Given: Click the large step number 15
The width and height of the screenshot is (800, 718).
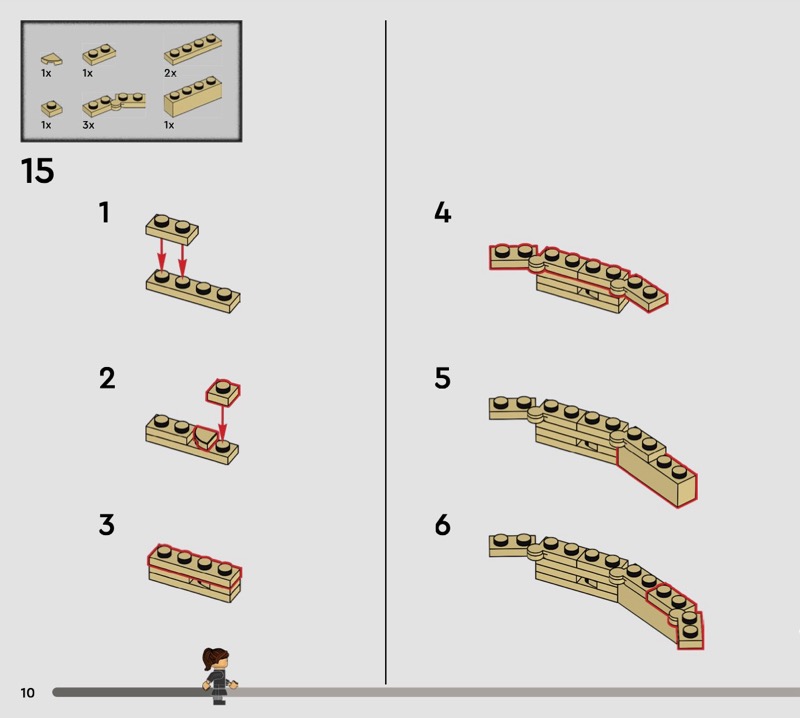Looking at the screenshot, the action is (37, 170).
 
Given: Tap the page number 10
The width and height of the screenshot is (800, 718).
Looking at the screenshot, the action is (28, 692).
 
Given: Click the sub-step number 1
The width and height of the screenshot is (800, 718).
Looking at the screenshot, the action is (105, 212).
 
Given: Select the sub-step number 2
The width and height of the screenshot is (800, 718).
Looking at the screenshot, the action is (107, 378).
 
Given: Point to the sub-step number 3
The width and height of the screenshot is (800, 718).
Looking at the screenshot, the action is (107, 525).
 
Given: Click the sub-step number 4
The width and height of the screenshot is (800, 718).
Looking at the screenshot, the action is (443, 212).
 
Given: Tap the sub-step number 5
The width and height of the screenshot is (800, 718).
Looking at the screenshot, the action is (442, 378).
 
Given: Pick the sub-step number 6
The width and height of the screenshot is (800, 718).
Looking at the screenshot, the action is (442, 525).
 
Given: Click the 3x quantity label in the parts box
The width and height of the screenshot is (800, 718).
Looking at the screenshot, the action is (88, 125).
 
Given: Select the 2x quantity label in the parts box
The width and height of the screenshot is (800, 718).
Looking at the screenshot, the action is (170, 73).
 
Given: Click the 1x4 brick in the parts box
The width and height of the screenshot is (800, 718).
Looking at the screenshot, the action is (193, 96).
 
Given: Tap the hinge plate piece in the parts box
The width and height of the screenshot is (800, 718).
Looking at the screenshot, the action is (114, 104).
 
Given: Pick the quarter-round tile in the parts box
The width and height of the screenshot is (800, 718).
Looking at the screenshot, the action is (52, 59).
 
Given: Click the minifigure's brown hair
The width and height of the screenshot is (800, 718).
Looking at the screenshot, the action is (212, 656).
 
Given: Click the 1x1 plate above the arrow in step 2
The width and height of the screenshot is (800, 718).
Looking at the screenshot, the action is (223, 392).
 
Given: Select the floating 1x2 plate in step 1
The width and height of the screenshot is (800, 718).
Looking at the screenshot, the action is (172, 229).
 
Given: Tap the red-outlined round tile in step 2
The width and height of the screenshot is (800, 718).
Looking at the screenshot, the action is (206, 438).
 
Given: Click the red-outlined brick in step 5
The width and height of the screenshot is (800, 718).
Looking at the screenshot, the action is (657, 476).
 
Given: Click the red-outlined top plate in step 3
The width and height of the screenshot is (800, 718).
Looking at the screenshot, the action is (195, 565).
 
